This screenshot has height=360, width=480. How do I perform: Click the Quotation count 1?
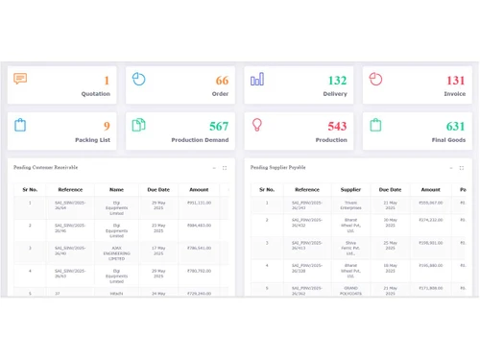tap(107, 81)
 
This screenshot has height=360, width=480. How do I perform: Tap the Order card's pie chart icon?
tap(138, 79)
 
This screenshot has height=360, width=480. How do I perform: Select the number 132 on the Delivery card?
tap(337, 81)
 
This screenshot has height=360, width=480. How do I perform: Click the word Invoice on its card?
tap(454, 94)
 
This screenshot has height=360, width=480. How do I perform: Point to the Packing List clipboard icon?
tap(20, 125)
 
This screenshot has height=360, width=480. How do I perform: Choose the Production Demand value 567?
tap(219, 126)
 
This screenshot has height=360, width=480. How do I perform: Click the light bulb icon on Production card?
tap(256, 125)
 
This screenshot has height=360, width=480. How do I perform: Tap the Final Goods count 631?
tap(456, 126)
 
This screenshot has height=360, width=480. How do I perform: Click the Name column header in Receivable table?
tap(116, 190)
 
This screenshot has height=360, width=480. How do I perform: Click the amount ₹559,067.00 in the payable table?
tap(430, 203)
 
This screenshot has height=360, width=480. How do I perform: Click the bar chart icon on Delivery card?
tap(256, 79)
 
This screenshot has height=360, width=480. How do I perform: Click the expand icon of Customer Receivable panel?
tap(225, 168)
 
